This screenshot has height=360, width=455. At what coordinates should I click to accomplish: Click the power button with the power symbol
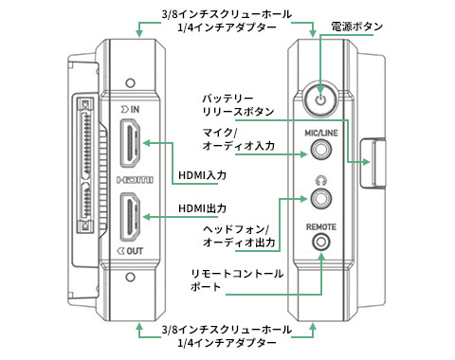coord(320,99)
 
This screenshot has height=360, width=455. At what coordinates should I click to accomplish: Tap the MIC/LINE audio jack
coord(320,150)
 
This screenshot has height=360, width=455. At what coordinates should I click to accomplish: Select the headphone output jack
coord(320,198)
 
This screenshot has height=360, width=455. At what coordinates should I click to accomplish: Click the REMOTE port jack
coord(321,243)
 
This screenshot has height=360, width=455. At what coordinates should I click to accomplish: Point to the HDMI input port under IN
coord(130,143)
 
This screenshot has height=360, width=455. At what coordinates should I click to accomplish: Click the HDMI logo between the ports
coord(135,180)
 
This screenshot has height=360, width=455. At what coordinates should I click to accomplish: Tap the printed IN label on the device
coord(131,109)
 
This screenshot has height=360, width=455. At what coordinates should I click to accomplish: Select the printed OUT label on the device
coord(130,251)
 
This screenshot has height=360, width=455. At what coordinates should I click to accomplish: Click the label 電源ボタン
coord(356,27)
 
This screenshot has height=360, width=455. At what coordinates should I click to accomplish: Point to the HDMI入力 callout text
coord(202,175)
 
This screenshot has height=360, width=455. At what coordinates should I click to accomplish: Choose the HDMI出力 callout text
coord(202,208)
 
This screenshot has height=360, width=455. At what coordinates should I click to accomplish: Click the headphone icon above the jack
coord(321,181)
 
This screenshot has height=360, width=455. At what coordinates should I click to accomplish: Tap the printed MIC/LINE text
coord(321,133)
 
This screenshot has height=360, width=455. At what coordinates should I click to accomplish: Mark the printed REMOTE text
coord(321,226)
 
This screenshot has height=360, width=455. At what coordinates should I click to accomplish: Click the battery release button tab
coord(373,162)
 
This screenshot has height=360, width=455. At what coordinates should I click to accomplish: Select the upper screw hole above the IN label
coord(130,83)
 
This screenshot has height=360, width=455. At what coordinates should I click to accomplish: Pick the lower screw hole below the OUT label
coord(130,278)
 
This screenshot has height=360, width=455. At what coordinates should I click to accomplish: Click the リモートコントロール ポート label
coord(237,280)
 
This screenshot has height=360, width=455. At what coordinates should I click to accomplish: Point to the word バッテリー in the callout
coord(227,99)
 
